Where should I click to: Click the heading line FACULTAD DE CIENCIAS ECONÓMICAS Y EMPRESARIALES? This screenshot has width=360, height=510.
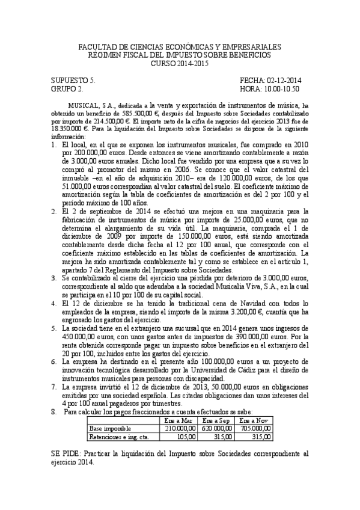coord(180,46)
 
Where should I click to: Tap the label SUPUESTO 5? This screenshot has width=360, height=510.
coord(73,80)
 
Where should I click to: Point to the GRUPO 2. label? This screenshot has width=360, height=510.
coord(67,88)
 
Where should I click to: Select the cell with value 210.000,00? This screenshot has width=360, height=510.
coord(181,428)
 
